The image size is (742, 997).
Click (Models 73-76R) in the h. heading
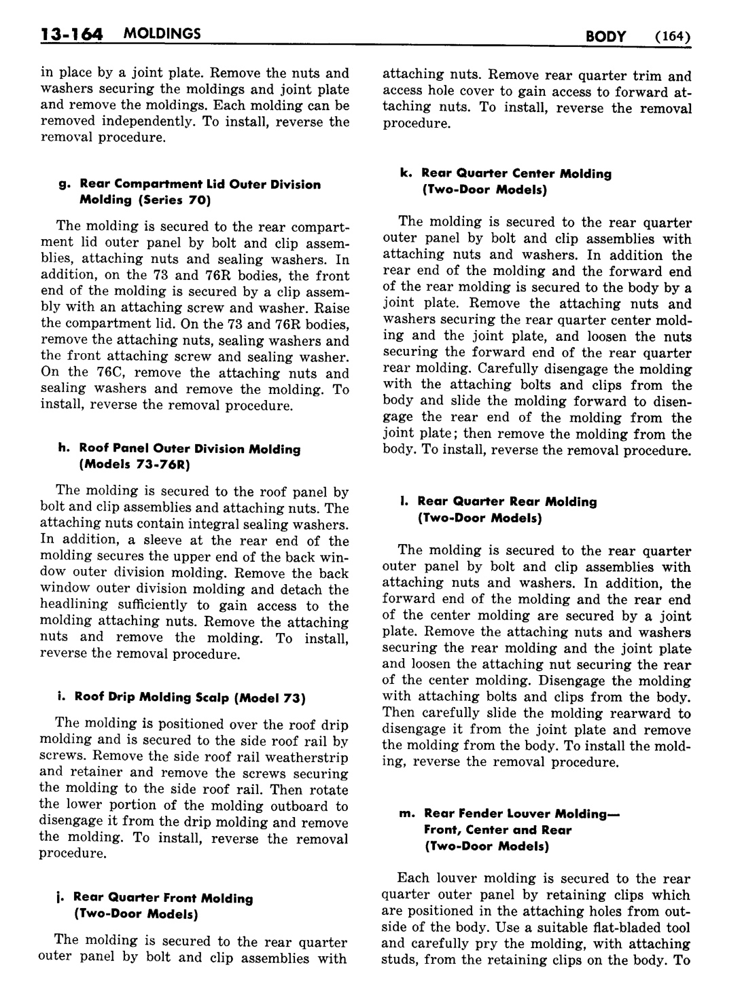pos(135,465)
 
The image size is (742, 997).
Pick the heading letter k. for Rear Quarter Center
pos(406,174)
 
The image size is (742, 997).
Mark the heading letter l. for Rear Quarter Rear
pos(404,502)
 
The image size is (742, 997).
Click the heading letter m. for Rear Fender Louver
pos(408,813)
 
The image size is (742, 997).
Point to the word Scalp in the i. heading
pos(211,697)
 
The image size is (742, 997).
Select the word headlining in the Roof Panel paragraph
pos(75,605)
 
